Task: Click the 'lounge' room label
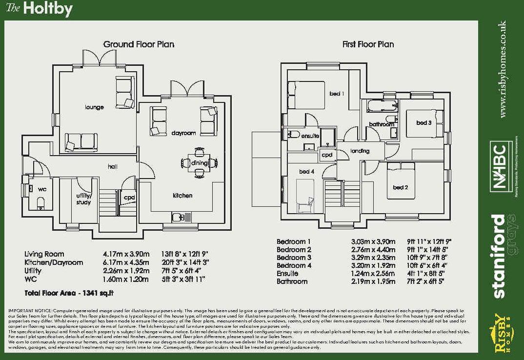pyautogui.click(x=94, y=107)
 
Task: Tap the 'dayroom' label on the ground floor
pyautogui.click(x=183, y=133)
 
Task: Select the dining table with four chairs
pyautogui.click(x=200, y=162)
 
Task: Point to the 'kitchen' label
pyautogui.click(x=182, y=196)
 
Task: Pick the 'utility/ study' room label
pyautogui.click(x=83, y=199)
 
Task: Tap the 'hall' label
pyautogui.click(x=113, y=167)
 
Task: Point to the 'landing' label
pyautogui.click(x=360, y=151)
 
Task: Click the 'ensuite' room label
pyautogui.click(x=310, y=136)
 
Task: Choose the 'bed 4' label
pyautogui.click(x=306, y=172)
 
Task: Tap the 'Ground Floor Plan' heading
pyautogui.click(x=139, y=44)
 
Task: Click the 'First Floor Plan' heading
pyautogui.click(x=368, y=44)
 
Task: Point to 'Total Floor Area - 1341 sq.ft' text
pyautogui.click(x=69, y=293)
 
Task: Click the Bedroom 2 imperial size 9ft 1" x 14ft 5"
pyautogui.click(x=427, y=250)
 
